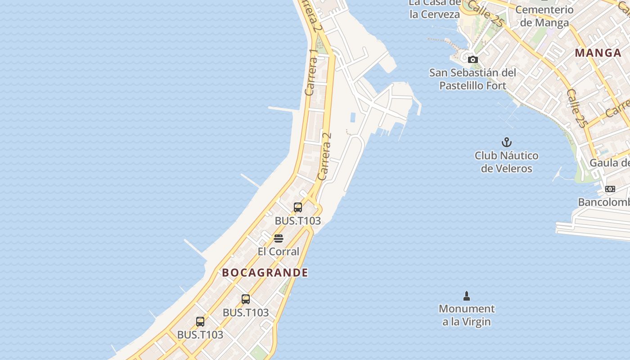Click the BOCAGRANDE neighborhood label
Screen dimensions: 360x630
click(x=265, y=273)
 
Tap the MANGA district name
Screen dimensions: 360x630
click(x=598, y=53)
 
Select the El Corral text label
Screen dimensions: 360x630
click(x=278, y=252)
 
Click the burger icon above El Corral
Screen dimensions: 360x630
click(x=279, y=238)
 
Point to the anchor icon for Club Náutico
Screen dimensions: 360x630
click(x=507, y=143)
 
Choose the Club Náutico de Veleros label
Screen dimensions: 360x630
click(x=506, y=162)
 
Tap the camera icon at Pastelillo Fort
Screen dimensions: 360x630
click(x=472, y=59)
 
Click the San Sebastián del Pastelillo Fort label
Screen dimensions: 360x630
click(x=472, y=79)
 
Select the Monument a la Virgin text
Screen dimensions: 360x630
click(x=467, y=315)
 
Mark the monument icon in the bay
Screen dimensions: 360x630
click(x=467, y=296)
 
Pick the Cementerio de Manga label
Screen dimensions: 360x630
click(x=544, y=16)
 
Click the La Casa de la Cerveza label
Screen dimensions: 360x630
click(x=434, y=9)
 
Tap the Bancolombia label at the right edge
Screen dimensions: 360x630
click(x=603, y=202)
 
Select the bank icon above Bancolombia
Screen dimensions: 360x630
click(x=610, y=189)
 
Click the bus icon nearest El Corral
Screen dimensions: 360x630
click(x=298, y=207)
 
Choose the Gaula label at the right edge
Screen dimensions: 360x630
click(x=609, y=162)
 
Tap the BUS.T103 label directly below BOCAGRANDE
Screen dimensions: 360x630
click(x=246, y=312)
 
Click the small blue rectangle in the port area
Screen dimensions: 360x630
click(x=353, y=118)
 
